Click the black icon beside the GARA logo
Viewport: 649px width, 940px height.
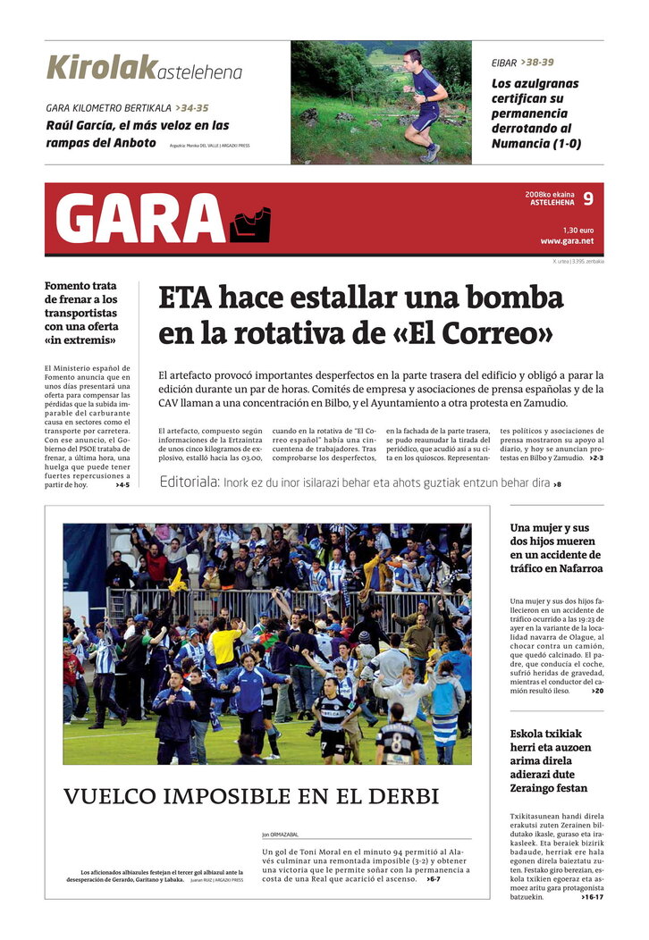[x=250, y=225]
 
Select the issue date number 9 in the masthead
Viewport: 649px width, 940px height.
[x=587, y=198]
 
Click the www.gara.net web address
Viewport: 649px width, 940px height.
[x=567, y=240]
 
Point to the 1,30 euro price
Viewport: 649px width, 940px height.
[x=578, y=230]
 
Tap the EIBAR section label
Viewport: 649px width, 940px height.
[x=504, y=63]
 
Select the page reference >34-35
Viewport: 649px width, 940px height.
[x=191, y=108]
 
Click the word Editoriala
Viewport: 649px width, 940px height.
[x=190, y=483]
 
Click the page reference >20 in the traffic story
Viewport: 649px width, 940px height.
[x=596, y=691]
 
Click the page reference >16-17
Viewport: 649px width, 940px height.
[x=592, y=897]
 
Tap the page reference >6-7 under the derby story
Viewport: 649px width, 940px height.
[x=433, y=879]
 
